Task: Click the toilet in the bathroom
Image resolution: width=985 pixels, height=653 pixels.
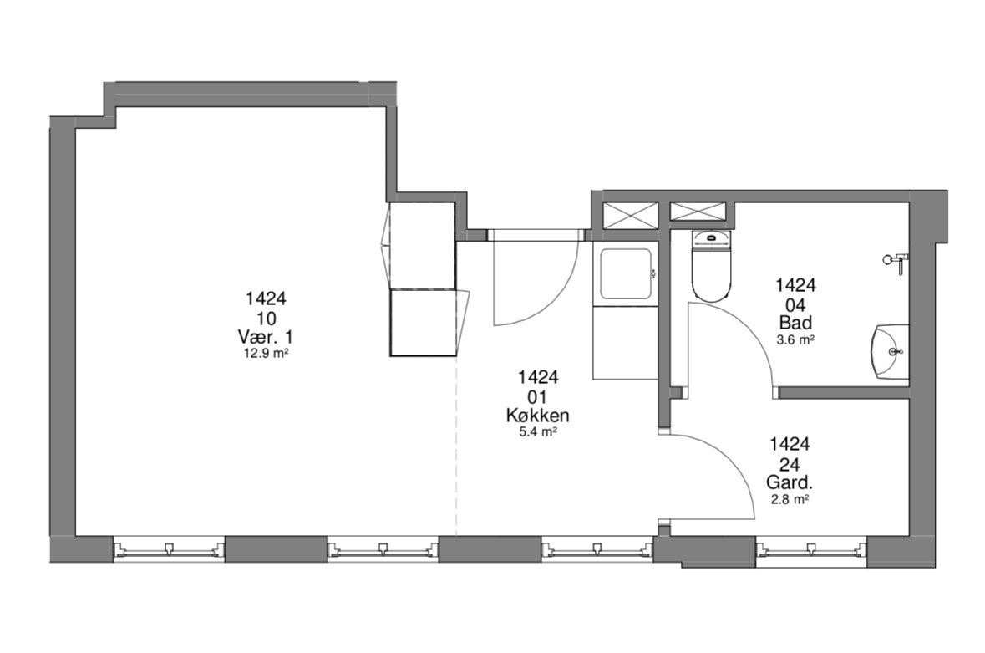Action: pos(712,266)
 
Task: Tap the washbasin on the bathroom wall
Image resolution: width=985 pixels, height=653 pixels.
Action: pos(890,352)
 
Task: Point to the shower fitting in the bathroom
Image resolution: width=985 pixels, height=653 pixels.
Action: pos(896,261)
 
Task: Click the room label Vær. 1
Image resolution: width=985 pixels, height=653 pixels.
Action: pos(266,336)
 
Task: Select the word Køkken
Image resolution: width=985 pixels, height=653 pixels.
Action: pos(538,416)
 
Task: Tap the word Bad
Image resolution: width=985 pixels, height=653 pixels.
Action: pos(795,323)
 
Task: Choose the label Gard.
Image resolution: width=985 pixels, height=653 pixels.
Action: pos(790,482)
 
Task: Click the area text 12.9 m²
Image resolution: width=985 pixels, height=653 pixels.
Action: pos(266,353)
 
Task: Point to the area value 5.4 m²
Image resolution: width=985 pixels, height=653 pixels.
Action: pos(538,431)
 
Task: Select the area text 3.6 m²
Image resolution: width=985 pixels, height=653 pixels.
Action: pos(795,339)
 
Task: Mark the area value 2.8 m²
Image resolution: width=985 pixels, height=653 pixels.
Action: pos(789,499)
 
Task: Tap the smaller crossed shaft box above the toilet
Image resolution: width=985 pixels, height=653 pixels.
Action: pos(698,212)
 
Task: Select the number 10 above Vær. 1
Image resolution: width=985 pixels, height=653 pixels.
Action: pos(266,318)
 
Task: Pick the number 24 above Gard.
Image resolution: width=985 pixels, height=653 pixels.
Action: pos(790,464)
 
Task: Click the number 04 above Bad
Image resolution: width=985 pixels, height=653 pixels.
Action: pos(795,304)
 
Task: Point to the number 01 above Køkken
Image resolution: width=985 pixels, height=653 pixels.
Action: pos(538,396)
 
